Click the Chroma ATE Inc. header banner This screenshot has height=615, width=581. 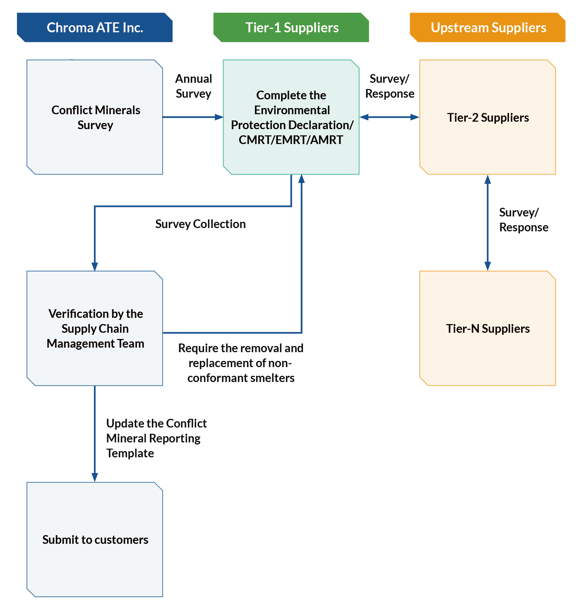pyautogui.click(x=94, y=27)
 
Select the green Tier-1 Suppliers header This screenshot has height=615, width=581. pyautogui.click(x=291, y=27)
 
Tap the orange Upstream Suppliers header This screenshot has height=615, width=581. pyautogui.click(x=487, y=27)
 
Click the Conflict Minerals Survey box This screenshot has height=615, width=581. pyautogui.click(x=95, y=117)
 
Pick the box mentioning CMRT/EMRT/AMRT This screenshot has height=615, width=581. pyautogui.click(x=291, y=117)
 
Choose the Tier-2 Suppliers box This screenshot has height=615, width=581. pyautogui.click(x=487, y=117)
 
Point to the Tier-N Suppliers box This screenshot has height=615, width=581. pyautogui.click(x=487, y=328)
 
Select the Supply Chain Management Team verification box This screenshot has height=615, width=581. pyautogui.click(x=95, y=328)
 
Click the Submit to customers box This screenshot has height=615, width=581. pyautogui.click(x=95, y=539)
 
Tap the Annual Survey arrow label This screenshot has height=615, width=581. pyautogui.click(x=194, y=86)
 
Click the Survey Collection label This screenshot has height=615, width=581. pyautogui.click(x=200, y=224)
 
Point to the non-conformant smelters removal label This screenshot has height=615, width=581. pyautogui.click(x=241, y=363)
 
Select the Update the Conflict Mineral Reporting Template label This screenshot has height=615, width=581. pyautogui.click(x=156, y=438)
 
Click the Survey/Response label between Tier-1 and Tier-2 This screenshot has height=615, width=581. pyautogui.click(x=389, y=86)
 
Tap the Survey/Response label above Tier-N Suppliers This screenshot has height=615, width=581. pyautogui.click(x=524, y=220)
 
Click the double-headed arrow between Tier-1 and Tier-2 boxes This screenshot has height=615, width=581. pyautogui.click(x=389, y=117)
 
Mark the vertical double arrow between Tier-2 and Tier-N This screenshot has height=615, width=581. pyautogui.click(x=487, y=223)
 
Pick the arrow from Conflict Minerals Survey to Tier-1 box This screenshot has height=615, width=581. pyautogui.click(x=193, y=117)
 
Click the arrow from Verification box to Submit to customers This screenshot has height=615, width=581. pyautogui.click(x=95, y=434)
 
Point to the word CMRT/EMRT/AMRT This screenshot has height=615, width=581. pyautogui.click(x=291, y=139)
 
